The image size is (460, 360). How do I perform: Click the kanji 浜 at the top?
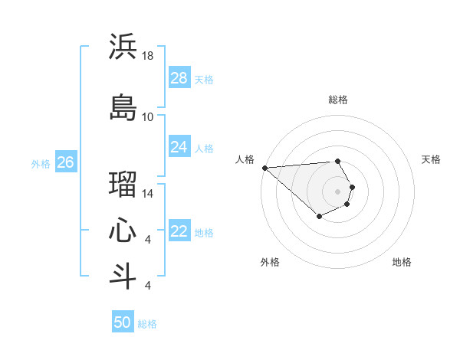123,47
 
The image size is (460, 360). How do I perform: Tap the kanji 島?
123,106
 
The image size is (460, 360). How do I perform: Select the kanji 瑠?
123,185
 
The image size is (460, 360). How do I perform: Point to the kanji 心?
123,231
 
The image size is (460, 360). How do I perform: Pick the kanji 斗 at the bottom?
123,277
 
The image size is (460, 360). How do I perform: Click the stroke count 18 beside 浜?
148,56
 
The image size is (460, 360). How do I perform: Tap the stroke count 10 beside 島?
148,116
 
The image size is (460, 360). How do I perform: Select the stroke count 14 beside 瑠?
148,194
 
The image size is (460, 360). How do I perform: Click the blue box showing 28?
179,78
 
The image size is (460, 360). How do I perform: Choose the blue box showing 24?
179,146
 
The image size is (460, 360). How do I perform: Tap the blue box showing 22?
179,231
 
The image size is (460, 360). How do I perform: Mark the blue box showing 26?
66,162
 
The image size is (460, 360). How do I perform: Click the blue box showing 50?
123,322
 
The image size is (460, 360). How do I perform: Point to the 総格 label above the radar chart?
338,100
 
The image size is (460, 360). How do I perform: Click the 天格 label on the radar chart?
432,159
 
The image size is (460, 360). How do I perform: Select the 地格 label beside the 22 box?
204,232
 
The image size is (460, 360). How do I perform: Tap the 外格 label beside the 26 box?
41,163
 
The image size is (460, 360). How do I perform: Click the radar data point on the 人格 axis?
264,168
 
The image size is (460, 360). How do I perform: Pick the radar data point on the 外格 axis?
319,218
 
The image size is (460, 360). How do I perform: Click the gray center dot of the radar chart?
338,191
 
